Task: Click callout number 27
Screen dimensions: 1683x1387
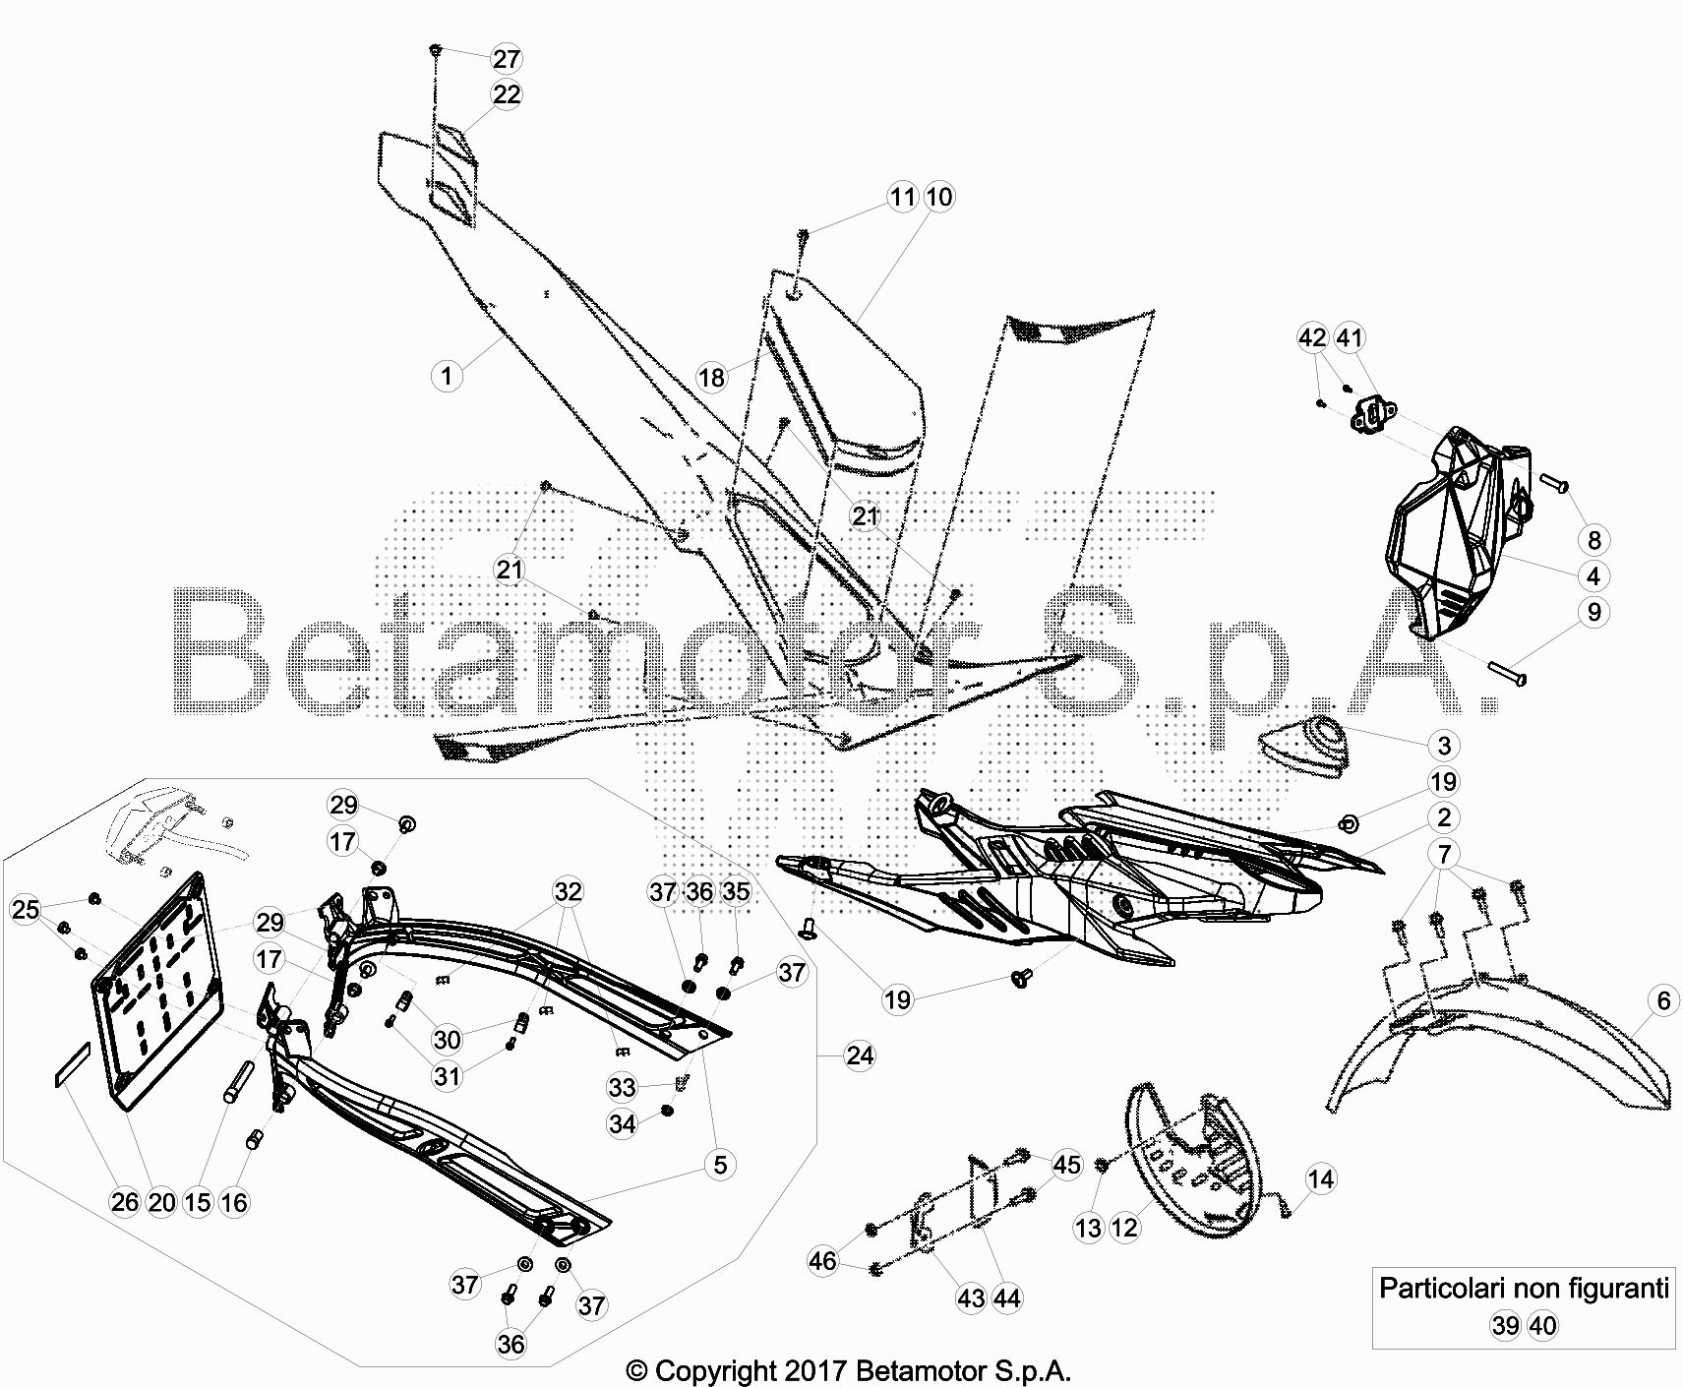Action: coord(506,59)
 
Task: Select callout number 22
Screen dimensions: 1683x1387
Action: coord(506,94)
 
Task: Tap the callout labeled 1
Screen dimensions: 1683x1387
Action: coord(447,375)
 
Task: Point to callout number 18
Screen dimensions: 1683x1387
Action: coord(711,377)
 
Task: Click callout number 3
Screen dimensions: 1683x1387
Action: coord(1443,745)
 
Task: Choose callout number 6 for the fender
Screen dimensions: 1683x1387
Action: coord(1663,1000)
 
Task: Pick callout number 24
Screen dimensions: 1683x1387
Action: coord(859,1055)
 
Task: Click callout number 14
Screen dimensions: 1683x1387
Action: coord(1321,1178)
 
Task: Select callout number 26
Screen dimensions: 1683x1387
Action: coord(124,1202)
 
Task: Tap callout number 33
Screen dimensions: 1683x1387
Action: coord(622,1087)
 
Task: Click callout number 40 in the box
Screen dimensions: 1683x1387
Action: coord(1542,1326)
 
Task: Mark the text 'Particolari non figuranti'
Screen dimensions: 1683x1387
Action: coord(1524,1288)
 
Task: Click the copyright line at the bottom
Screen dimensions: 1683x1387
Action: coord(848,1369)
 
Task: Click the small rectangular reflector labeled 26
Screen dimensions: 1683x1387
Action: coord(70,1064)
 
